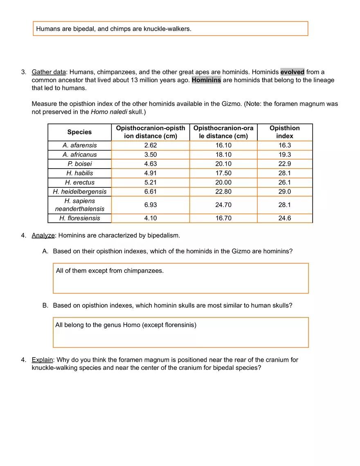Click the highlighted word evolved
coord(292,72)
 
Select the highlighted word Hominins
coord(206,80)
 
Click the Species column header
coord(79,132)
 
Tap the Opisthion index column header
coord(284,132)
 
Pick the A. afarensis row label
coord(79,145)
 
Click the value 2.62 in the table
coord(150,145)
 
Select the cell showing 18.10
coord(223,155)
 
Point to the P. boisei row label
coord(79,164)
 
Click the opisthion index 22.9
coord(284,164)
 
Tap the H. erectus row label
coord(79,182)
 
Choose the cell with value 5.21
coord(150,182)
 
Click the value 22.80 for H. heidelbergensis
coord(223,191)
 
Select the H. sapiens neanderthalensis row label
coord(79,205)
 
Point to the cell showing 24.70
coord(223,205)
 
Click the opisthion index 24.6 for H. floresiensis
coord(284,218)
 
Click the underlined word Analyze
coord(43,236)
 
